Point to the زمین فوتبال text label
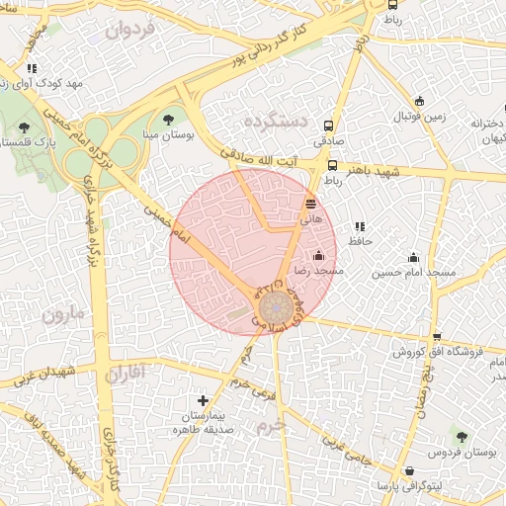coord(422,117)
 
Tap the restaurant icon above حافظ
coord(358,225)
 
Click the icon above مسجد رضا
coord(316,256)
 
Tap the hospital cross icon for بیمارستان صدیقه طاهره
coord(204,401)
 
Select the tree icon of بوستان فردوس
coord(460,436)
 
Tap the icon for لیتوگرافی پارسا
coord(409,470)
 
